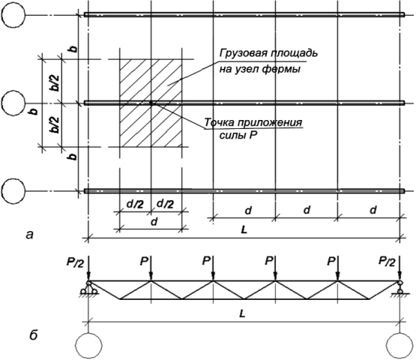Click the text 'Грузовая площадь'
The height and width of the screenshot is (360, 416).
coord(268,53)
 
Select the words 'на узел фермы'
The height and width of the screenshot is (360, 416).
coord(260,69)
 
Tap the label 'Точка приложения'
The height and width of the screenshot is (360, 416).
coord(253,122)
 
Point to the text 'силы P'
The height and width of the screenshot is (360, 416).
coord(238,136)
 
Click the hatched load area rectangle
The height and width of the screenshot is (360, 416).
coord(151,103)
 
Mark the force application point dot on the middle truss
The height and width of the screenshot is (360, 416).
coord(151,103)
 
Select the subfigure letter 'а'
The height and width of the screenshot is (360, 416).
coord(30,235)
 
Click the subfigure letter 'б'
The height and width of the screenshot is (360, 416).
coord(33,334)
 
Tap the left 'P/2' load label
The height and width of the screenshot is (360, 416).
coord(76,262)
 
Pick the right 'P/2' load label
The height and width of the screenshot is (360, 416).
coord(387,262)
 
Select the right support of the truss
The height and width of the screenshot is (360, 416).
coord(400,288)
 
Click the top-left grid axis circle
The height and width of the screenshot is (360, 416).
coord(13,15)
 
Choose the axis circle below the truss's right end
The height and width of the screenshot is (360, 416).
coord(400,345)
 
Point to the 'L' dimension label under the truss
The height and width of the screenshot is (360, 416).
coord(242,314)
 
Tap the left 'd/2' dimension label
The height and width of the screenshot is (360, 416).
coord(135,204)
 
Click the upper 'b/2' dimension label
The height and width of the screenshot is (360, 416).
coord(55,83)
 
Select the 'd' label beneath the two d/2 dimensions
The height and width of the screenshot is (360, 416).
coord(154,222)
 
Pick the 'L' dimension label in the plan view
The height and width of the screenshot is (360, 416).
coord(244,229)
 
